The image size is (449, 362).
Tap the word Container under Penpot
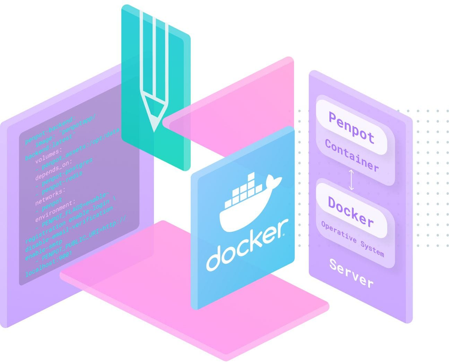tap(351, 155)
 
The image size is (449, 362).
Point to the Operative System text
tap(352, 238)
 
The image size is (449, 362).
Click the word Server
tap(351, 273)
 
